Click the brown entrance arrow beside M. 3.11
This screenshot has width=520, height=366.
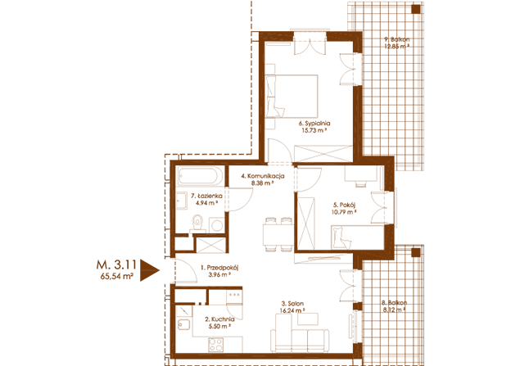coord(147,270)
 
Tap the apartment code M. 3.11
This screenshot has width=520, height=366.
coord(116,264)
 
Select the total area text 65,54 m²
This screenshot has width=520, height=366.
coord(117,276)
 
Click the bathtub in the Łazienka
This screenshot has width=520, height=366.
coord(200,176)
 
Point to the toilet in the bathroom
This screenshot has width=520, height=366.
coord(197,223)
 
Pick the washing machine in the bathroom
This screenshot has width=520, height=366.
coord(216,225)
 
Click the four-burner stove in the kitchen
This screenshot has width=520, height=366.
coord(215,345)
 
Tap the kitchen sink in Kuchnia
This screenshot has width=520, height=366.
coord(183,324)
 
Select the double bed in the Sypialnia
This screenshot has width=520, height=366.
coord(292,96)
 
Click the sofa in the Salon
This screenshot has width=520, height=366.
coord(300,340)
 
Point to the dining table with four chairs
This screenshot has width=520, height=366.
coord(278,235)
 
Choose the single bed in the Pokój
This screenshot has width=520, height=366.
coord(358,237)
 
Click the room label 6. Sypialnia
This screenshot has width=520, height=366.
coord(314,124)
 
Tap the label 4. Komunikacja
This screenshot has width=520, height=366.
coord(263,176)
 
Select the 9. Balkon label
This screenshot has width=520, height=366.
coord(396,39)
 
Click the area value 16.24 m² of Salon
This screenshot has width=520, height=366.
coord(292,310)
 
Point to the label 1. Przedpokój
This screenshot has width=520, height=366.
coord(219,267)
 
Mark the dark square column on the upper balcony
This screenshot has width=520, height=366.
coord(415,9)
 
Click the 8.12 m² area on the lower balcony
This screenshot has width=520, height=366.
coord(395,310)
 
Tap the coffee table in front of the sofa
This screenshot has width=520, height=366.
coord(308,319)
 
